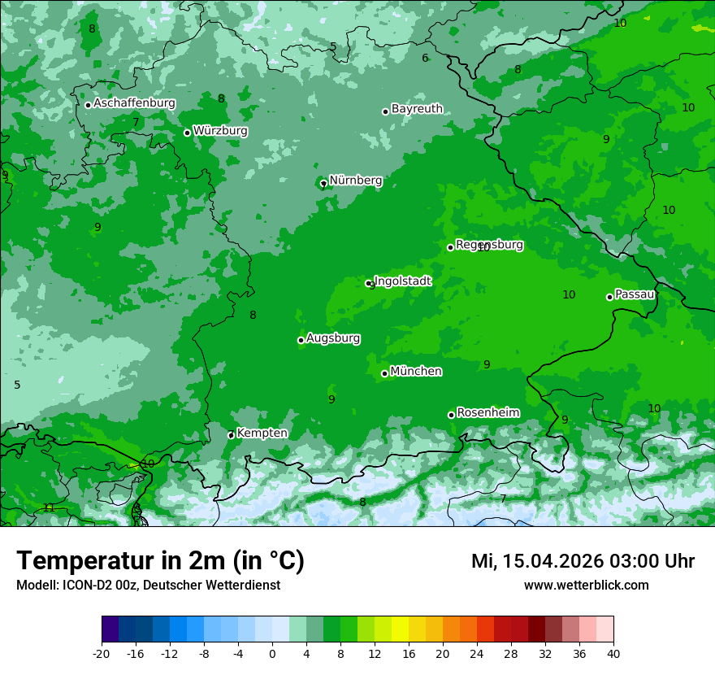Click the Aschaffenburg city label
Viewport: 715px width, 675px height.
coord(134,103)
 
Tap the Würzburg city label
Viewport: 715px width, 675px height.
coord(220,131)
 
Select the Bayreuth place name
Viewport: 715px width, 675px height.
coord(417,109)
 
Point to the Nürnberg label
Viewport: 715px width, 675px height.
coord(355,181)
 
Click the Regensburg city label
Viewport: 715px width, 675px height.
coord(489,245)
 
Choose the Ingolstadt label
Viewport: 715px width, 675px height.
coord(402,281)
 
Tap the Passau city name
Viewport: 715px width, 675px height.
coord(635,294)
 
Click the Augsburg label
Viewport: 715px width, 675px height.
coord(333,338)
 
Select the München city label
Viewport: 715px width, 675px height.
coord(416,372)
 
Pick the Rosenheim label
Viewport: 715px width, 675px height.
coord(487,413)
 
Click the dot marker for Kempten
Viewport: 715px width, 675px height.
coord(231,435)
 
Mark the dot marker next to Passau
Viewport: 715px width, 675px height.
coord(609,297)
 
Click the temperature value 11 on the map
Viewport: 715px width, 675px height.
coord(50,508)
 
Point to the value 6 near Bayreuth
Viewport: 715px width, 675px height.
coord(425,59)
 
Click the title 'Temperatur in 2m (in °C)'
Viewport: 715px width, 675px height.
coord(160,561)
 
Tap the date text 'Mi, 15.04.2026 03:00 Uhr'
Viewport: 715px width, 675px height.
coord(583,561)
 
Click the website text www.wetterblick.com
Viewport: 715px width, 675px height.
coord(586,586)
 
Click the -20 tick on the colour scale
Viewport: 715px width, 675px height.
coord(102,653)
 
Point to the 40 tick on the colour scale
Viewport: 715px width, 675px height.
coord(613,653)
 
